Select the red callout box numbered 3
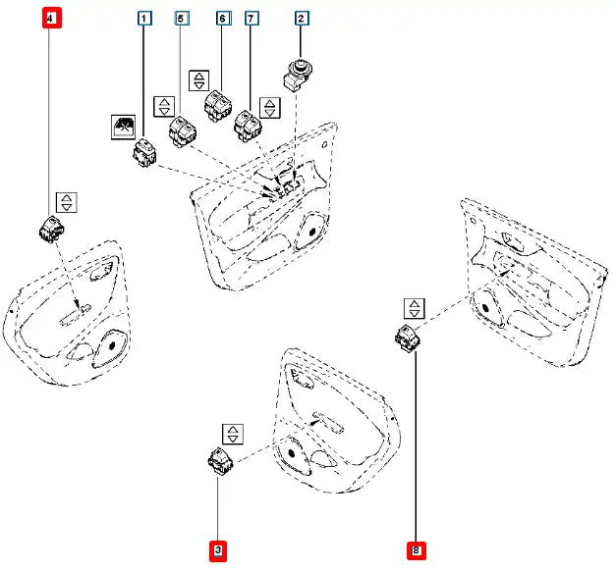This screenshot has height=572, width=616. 218,552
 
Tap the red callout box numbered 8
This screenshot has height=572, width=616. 417,552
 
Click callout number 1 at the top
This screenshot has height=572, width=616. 144,19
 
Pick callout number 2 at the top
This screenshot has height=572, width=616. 301,19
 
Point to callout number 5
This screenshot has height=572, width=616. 181,19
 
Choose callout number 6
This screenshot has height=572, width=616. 222,19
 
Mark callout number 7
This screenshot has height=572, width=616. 252,19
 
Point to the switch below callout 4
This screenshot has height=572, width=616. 51,228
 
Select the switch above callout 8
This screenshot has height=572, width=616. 405,337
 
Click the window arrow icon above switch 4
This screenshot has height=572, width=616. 66,202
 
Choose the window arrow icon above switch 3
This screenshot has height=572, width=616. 232,434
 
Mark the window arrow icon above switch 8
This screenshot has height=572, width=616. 416,308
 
